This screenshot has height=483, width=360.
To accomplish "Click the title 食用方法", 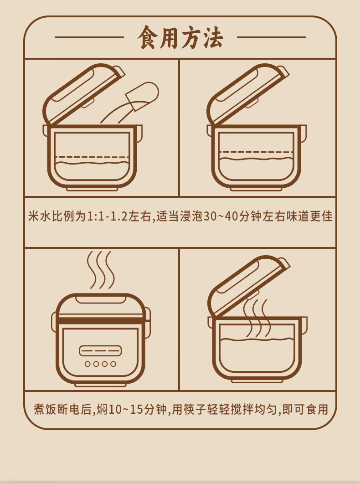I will (x=180, y=38).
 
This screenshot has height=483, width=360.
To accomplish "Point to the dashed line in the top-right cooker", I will (x=255, y=152).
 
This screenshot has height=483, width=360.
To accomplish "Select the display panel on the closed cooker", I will (x=100, y=350).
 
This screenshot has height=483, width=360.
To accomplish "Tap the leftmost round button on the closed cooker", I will (x=87, y=364).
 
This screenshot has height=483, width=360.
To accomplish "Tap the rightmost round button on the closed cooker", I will (x=113, y=364).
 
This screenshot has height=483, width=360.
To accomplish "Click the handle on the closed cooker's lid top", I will (x=100, y=299).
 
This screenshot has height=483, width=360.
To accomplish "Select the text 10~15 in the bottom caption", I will (x=125, y=409).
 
